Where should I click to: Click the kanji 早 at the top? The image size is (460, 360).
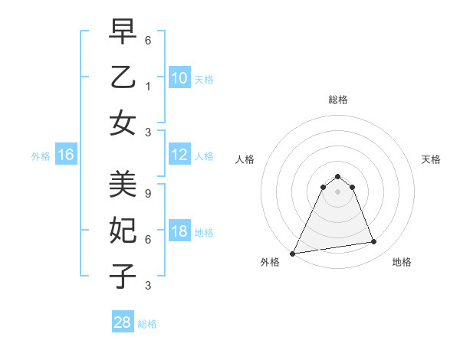123,31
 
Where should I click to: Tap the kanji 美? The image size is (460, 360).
123,183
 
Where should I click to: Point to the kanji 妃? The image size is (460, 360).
123,230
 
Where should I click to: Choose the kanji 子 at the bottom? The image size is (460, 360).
123,276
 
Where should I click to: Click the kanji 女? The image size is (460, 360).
123,123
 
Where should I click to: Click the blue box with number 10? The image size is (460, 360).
179,78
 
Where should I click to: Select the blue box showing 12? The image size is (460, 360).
179,155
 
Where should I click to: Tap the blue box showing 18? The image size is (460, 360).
179,232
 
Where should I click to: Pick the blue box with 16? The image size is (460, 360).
65,155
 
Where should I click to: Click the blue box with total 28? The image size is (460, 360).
123,323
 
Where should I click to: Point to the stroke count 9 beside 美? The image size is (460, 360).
148,185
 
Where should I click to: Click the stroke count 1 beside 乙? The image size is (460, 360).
148,87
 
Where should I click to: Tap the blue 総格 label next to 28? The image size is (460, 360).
147,324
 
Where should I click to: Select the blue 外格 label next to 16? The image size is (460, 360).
41,156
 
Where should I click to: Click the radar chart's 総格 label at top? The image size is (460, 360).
337,100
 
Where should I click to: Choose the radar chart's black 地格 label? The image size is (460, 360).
402,262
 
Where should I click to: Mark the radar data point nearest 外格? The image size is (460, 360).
293,253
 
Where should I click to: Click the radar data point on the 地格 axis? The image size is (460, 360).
374,242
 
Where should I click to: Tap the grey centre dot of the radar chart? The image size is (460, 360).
337,191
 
